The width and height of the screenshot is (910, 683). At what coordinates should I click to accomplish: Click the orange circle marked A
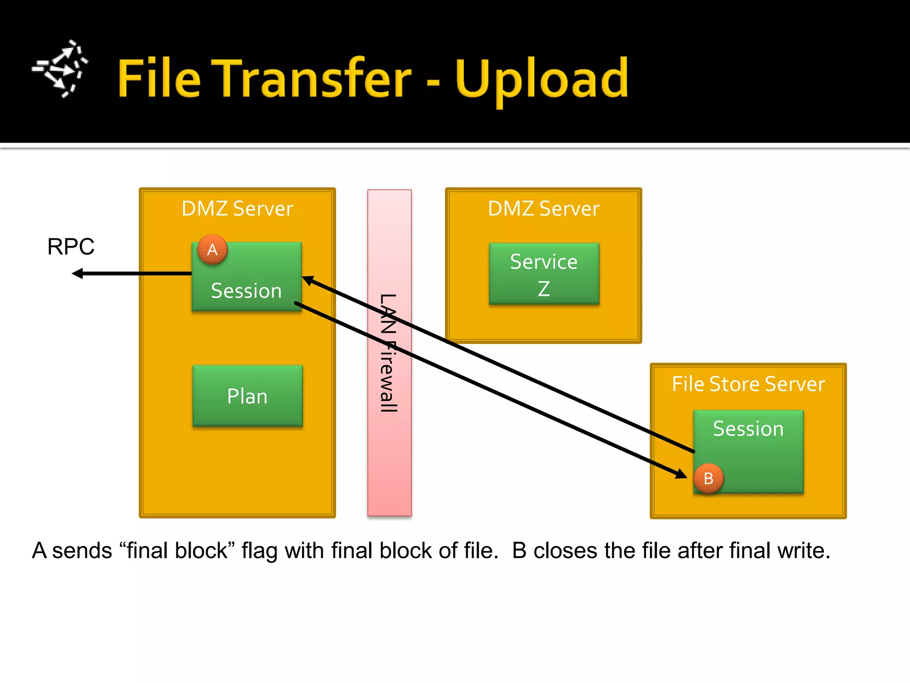tap(212, 249)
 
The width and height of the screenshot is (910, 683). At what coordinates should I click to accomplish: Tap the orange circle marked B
tap(708, 478)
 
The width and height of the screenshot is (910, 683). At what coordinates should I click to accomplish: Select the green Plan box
tap(247, 396)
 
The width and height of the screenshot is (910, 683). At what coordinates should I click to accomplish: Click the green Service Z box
tap(544, 274)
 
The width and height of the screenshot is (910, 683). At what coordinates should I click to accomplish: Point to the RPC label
tap(71, 247)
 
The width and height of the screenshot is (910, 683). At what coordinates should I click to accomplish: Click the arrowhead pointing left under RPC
tap(77, 273)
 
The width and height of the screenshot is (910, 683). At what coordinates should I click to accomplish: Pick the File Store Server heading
tap(748, 384)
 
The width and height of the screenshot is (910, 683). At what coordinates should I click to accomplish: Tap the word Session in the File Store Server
tap(748, 429)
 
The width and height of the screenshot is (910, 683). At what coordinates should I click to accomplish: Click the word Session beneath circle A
tap(246, 291)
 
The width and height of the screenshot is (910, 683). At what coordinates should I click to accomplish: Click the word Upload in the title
tap(541, 79)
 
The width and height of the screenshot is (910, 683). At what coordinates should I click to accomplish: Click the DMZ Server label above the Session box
tap(237, 209)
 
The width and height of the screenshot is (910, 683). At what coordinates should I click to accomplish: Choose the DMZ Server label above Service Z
tap(543, 209)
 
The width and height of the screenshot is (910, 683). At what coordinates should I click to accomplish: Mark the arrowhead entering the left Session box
tap(307, 281)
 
